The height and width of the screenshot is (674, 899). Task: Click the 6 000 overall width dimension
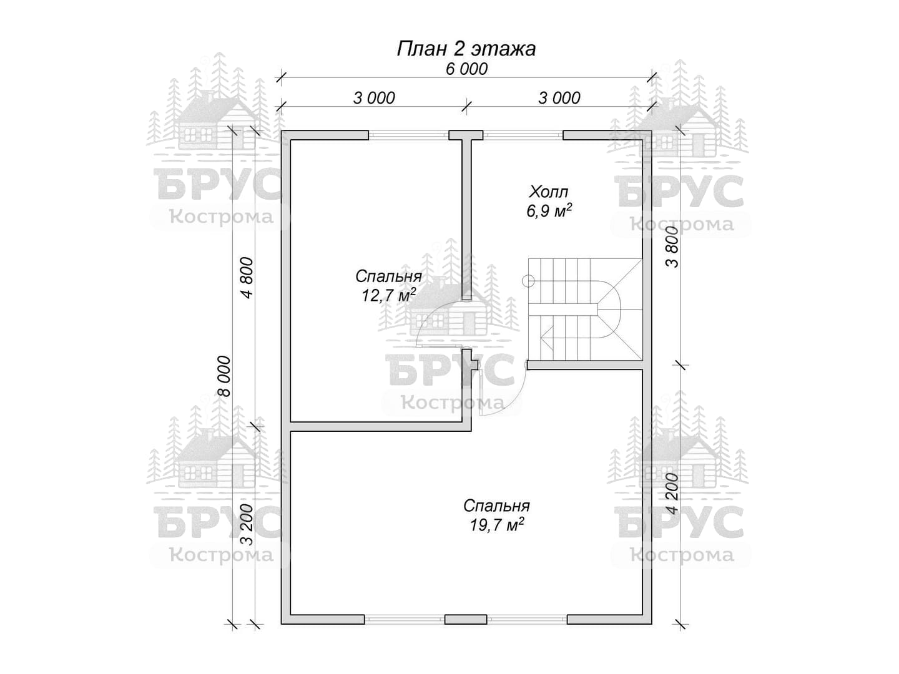(466, 69)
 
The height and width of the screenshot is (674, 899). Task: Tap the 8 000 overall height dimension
(224, 376)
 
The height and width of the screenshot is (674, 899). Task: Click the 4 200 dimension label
(672, 494)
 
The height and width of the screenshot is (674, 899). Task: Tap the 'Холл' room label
(549, 192)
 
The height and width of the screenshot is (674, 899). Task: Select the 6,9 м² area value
(549, 211)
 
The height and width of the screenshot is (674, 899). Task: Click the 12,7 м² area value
(388, 295)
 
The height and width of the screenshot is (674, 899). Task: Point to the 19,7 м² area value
(496, 525)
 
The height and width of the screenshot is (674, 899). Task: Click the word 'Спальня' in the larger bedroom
(496, 506)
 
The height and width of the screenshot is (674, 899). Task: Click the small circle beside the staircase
(528, 281)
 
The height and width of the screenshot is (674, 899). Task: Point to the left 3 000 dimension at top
(374, 98)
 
